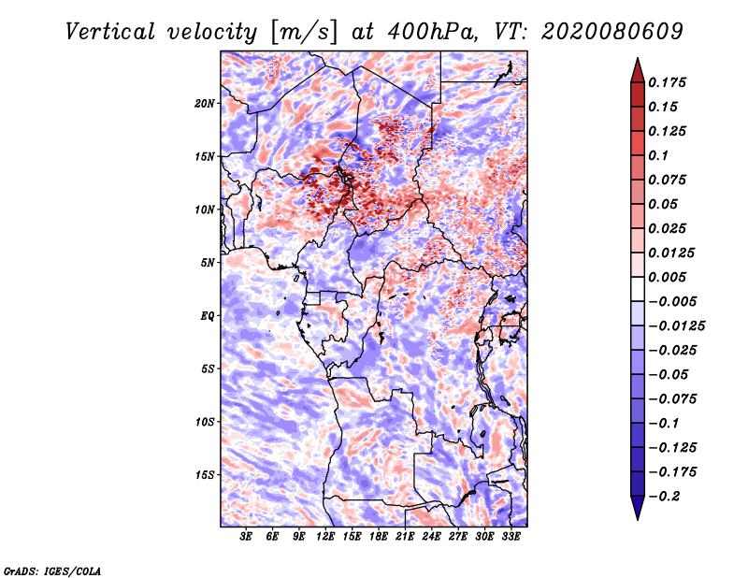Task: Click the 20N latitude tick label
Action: coord(205,104)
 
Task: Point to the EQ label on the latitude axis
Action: coord(208,316)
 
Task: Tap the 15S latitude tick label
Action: coord(205,475)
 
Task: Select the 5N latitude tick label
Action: coord(208,263)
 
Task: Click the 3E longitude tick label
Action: coord(246,537)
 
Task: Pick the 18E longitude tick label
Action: coord(379,537)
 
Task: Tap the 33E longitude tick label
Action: coord(511,537)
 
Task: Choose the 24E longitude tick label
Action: coord(431,537)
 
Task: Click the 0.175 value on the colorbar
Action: coord(668,82)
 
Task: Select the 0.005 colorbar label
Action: coord(668,277)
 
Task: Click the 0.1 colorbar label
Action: coord(658,155)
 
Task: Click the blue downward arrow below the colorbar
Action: coord(638,508)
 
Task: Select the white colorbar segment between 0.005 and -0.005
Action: coord(638,289)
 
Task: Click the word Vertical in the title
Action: coord(110,32)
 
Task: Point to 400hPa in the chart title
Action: coord(432,32)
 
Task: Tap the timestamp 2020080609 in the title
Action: coord(612,32)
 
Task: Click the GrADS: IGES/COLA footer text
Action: coord(52,571)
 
